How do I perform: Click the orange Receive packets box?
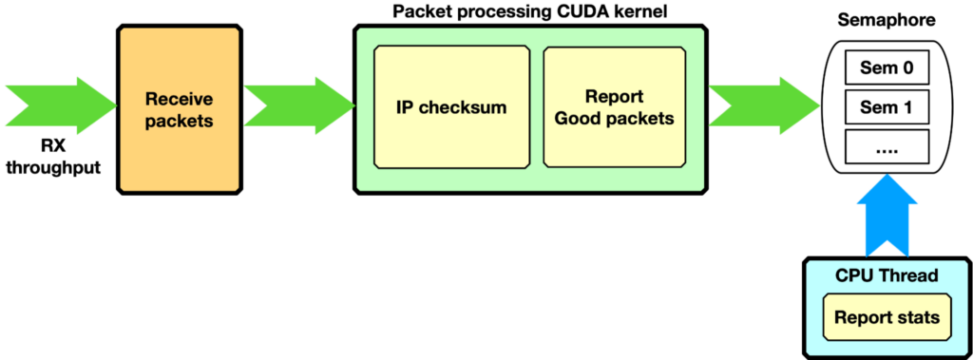point(180,108)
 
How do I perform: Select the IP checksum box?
point(451,107)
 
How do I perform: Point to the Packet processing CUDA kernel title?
point(529,12)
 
